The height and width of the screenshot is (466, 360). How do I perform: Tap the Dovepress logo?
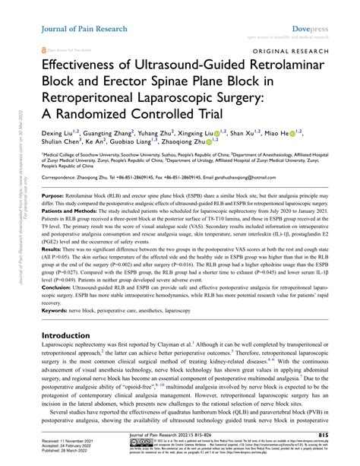point(313,8)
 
